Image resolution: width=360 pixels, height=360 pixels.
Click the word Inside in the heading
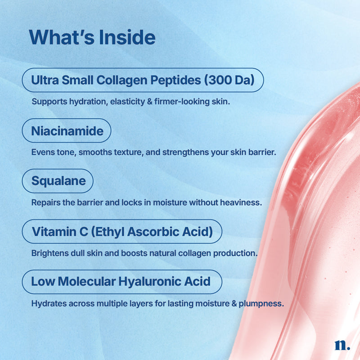127,37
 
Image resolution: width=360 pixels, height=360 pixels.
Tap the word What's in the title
62,37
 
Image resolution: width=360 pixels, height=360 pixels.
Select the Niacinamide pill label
67,131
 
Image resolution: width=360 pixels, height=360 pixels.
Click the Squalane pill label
58,181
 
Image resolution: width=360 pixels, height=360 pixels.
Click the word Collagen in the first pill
121,81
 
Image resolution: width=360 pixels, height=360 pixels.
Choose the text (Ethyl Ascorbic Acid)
152,232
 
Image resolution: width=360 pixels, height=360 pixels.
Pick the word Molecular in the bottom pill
87,282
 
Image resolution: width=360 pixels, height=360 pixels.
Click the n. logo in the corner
342,345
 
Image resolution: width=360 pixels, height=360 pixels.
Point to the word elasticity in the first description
127,102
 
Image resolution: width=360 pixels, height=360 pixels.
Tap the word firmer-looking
182,102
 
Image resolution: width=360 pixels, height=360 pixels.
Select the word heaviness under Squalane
241,202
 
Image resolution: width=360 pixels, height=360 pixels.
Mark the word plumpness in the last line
261,304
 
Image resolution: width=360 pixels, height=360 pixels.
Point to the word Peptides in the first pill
175,81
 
